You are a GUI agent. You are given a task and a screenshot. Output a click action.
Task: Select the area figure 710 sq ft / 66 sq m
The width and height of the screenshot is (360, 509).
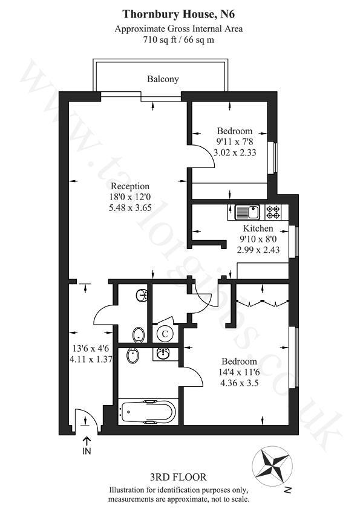178,40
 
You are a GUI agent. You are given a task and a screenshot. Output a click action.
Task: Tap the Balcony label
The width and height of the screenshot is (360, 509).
163,79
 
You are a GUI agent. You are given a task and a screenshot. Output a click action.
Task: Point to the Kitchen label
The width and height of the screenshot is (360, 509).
258,229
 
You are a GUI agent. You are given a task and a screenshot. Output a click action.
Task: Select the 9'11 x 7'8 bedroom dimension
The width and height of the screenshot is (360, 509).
235,142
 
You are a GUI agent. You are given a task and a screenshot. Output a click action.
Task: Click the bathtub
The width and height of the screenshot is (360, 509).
148,412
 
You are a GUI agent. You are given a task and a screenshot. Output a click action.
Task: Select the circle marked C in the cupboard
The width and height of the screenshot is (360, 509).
165,332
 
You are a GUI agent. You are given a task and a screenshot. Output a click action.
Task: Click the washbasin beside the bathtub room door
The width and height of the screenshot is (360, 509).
162,352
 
